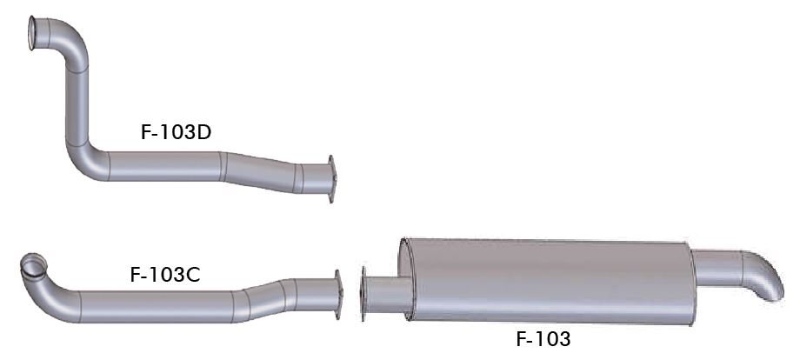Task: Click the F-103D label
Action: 176,132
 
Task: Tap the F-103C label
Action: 165,275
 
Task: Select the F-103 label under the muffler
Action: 543,339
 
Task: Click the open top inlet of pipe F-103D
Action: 32,33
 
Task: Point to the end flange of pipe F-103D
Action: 331,179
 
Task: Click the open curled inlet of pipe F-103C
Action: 33,265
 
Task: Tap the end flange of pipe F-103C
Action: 338,295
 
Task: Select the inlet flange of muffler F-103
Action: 363,294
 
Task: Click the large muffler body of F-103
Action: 549,281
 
